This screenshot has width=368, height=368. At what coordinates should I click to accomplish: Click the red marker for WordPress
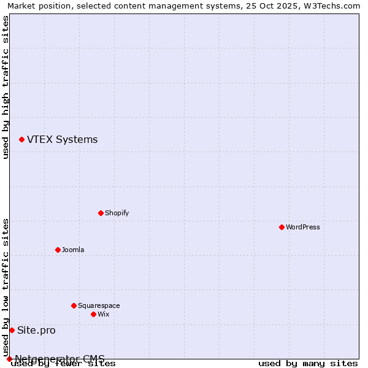click(282, 227)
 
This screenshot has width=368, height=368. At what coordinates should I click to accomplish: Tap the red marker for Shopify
click(101, 213)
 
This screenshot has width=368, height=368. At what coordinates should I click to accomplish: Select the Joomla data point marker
click(58, 250)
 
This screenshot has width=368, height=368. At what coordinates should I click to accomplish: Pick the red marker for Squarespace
click(74, 305)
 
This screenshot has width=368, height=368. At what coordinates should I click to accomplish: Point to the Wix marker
click(93, 314)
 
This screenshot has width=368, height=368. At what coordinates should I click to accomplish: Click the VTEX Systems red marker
click(21, 140)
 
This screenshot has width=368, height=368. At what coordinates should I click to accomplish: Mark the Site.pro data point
click(12, 330)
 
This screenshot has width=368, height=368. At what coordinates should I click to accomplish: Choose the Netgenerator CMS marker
click(9, 359)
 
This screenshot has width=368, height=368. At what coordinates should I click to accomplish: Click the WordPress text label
click(303, 227)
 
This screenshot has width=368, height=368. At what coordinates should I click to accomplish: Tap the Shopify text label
click(117, 213)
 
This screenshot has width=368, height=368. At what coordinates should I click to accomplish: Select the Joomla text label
click(73, 250)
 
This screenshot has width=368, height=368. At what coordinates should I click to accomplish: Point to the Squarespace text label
click(99, 305)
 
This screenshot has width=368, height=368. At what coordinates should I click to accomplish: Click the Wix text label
click(103, 314)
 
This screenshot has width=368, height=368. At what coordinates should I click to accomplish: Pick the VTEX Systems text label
click(62, 140)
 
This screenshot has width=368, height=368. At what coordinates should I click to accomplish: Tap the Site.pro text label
click(36, 330)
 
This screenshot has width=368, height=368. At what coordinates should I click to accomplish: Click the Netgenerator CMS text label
click(59, 359)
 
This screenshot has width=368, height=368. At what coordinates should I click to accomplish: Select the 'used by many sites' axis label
click(308, 363)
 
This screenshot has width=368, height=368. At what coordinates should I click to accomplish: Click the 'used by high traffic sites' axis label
click(6, 87)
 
